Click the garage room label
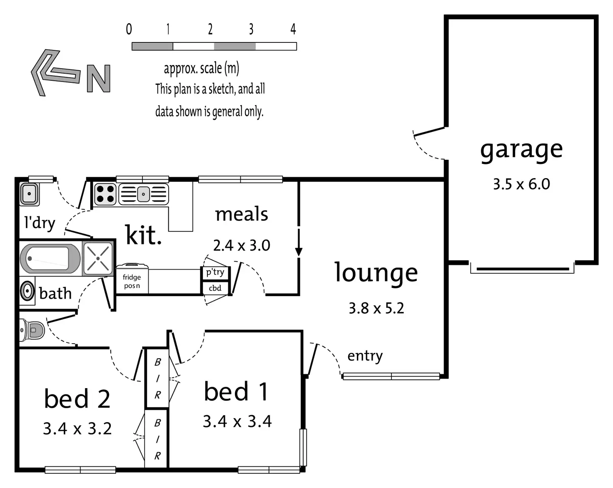click(x=521, y=150)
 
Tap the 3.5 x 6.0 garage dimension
click(x=521, y=184)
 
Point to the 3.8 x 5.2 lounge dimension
click(x=376, y=308)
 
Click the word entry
click(x=365, y=356)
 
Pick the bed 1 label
click(x=236, y=391)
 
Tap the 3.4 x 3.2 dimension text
click(x=77, y=428)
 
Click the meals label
click(x=242, y=214)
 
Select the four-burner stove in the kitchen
click(x=105, y=194)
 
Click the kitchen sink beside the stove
click(x=144, y=194)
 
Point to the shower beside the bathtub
click(x=98, y=258)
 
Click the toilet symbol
click(x=32, y=330)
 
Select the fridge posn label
click(x=132, y=281)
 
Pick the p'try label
click(x=215, y=272)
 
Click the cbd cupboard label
click(x=215, y=288)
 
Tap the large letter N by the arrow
click(x=99, y=79)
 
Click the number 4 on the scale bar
click(x=293, y=29)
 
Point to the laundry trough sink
click(x=29, y=194)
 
